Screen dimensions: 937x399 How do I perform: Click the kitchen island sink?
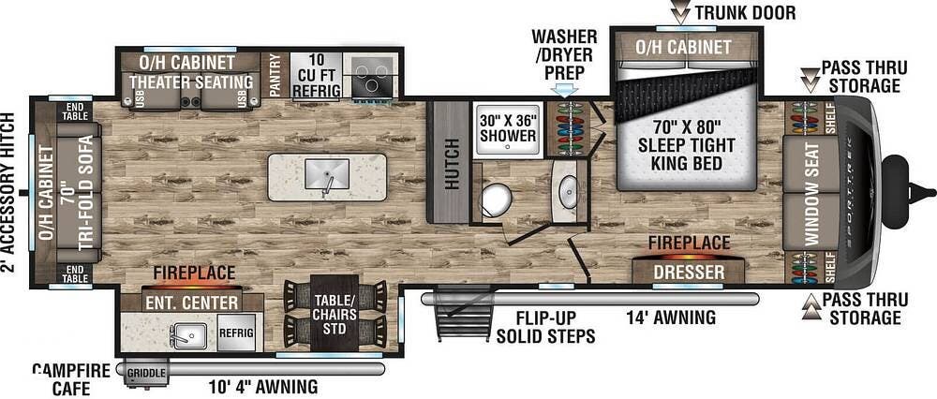327,174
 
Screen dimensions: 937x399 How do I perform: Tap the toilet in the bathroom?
497,199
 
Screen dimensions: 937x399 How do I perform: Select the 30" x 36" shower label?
508,127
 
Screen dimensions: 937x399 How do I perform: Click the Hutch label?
453,163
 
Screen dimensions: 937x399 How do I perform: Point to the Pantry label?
275,75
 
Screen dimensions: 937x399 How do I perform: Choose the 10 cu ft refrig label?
317,75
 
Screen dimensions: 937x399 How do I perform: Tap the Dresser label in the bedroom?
689,273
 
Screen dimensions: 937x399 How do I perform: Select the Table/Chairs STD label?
335,314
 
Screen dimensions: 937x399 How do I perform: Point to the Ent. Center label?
191,303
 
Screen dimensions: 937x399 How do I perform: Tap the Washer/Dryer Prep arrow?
566,90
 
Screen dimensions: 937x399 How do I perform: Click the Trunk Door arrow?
680,12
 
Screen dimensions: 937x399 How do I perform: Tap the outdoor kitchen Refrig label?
237,332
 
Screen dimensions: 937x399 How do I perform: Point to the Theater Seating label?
191,81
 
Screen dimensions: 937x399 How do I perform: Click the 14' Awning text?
671,318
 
